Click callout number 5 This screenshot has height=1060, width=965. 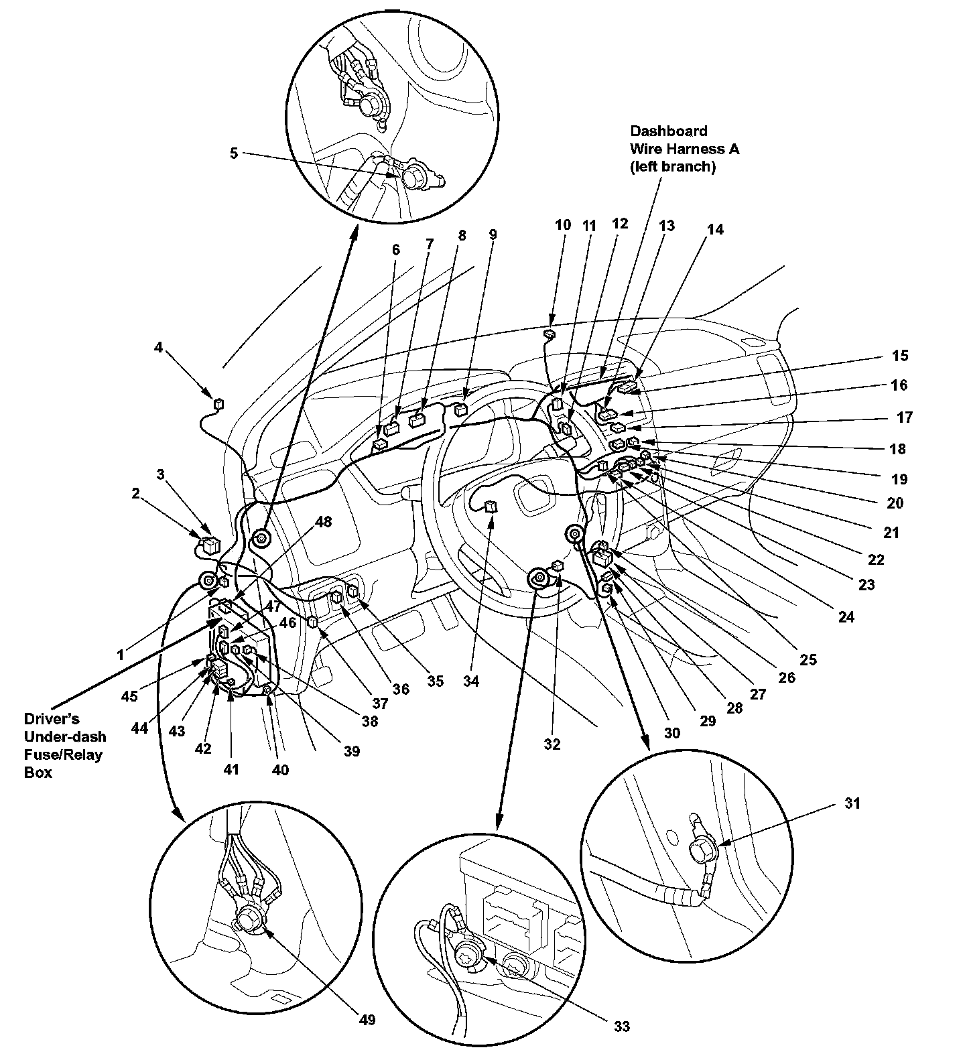coord(233,153)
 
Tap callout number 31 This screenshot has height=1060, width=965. coord(851,803)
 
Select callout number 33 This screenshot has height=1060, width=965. coord(621,1026)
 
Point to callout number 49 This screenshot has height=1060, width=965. coord(367,1019)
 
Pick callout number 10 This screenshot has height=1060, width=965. coord(563,224)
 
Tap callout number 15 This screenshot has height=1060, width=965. coord(901,355)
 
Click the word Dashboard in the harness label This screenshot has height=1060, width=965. coord(668,131)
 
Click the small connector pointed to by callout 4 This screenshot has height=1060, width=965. coord(218,403)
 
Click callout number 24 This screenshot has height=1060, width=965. coord(846,616)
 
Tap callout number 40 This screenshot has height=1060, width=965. coord(280,770)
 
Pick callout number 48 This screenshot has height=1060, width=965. coord(324,521)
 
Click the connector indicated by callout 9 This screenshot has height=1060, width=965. coord(460,409)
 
